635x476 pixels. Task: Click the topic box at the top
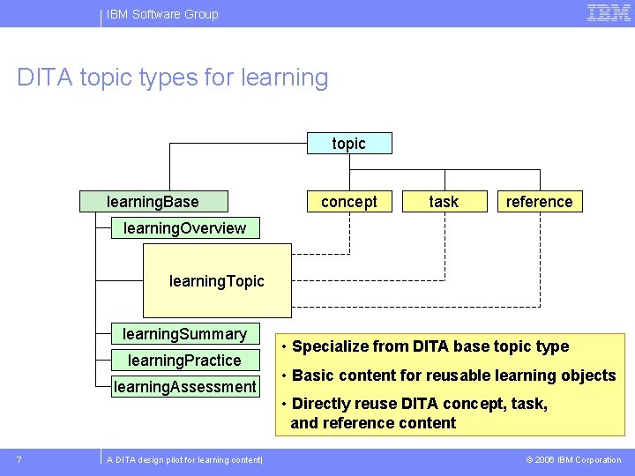pos(348,144)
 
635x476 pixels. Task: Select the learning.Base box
pos(153,202)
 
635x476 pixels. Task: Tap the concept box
pos(348,202)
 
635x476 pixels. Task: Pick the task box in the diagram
pos(444,202)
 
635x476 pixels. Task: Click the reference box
pos(539,202)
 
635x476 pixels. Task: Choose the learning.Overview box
pos(184,228)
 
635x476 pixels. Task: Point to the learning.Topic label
pos(216,281)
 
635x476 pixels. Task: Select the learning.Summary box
pos(184,334)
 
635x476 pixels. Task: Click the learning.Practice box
pos(184,361)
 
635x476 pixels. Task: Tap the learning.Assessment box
pos(185,387)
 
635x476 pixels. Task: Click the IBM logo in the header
pos(609,12)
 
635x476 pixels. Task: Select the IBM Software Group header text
pos(162,14)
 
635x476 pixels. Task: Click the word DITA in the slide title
pos(46,78)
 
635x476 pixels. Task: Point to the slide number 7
pos(19,459)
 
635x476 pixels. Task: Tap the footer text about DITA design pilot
pos(184,459)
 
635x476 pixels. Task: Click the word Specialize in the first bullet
pos(331,346)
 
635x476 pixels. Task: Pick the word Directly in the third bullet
pos(321,404)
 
